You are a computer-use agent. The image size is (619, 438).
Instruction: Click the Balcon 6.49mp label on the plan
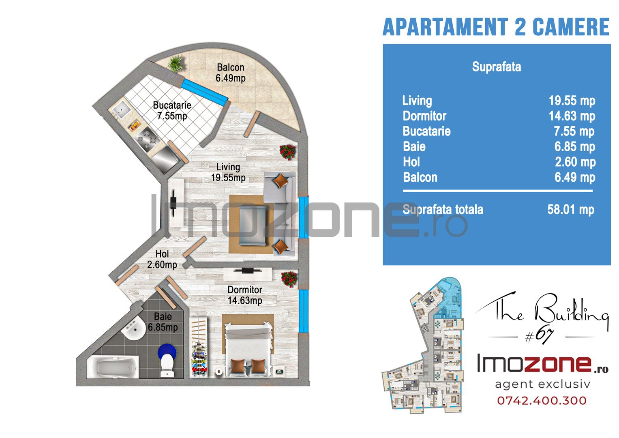[231, 73]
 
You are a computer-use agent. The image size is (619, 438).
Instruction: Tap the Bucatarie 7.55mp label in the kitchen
[172, 110]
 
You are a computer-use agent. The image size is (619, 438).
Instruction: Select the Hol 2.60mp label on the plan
[162, 260]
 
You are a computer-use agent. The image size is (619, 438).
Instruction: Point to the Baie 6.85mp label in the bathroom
[163, 322]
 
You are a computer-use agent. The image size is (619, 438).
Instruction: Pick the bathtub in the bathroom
[112, 367]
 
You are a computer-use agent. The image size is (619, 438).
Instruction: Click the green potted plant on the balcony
[176, 64]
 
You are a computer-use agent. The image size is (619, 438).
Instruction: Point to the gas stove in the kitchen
[147, 140]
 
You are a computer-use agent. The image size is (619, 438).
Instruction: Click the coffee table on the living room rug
[253, 225]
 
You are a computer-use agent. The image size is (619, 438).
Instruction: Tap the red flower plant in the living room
[288, 152]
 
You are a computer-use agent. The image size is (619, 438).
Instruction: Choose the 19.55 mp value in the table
[572, 101]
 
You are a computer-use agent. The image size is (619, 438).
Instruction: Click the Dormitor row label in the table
[424, 116]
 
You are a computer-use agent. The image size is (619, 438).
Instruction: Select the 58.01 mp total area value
[571, 210]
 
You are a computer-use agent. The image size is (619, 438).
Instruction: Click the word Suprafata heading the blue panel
[497, 67]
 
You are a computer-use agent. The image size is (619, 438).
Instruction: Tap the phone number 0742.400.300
[542, 401]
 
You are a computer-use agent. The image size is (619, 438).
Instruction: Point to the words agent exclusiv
[542, 384]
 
